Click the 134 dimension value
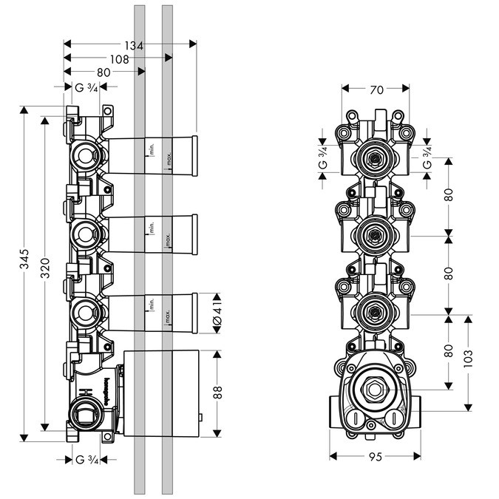click(x=133, y=45)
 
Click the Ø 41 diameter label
click(x=217, y=314)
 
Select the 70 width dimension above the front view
click(x=375, y=90)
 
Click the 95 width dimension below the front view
click(x=375, y=458)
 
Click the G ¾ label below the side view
click(x=87, y=460)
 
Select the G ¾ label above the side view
click(x=87, y=88)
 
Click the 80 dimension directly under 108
click(x=103, y=72)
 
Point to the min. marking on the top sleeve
click(x=150, y=150)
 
